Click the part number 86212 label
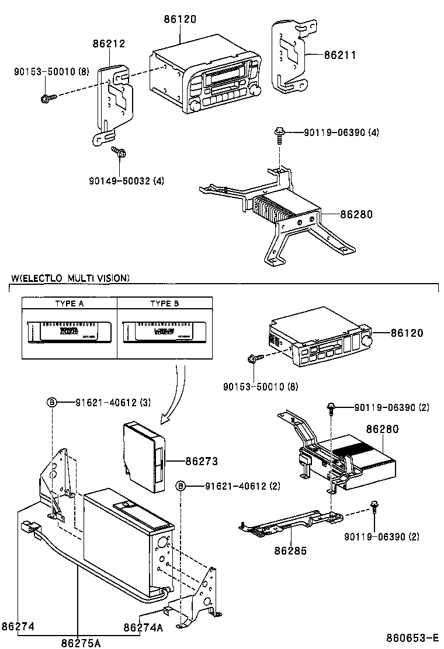pos(109,44)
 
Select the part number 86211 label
pos(340,55)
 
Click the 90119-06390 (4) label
pos(341,132)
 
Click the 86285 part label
pos(290,550)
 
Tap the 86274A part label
pos(143,627)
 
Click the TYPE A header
pos(69,304)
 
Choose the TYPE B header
pos(165,304)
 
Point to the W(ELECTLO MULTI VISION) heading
pos(71,278)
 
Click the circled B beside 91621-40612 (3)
pos(51,402)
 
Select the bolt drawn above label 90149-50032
pos(120,152)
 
